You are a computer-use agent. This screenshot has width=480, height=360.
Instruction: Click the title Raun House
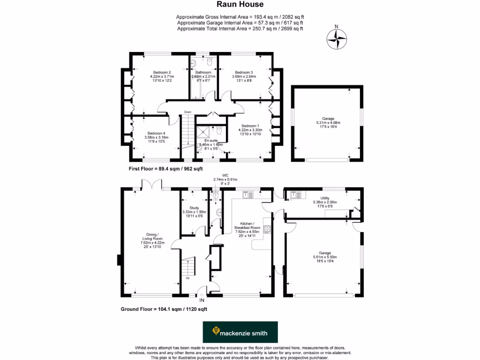(x=240, y=5)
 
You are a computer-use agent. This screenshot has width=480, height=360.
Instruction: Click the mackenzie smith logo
(x=240, y=333)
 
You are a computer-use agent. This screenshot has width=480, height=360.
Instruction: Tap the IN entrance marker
(x=202, y=300)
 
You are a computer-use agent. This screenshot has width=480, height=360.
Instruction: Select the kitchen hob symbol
(x=268, y=229)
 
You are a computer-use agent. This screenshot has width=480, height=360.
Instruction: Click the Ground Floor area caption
(x=164, y=309)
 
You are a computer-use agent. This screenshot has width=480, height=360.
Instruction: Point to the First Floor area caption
(x=165, y=168)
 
